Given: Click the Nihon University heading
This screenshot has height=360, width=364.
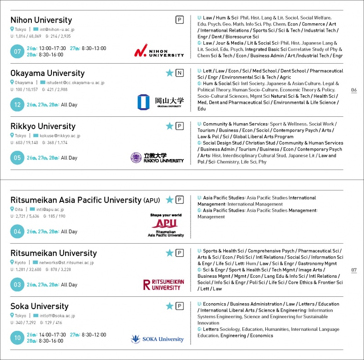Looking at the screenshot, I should coord(41,20).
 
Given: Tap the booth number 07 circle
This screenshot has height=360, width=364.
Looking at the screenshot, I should coord(17,51).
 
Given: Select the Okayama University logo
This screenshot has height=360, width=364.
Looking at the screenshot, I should coord(160,102).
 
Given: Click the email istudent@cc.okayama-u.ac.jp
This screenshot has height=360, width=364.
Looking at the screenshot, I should coord(75,83).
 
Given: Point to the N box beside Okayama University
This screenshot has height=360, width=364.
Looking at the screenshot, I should coord(180,73).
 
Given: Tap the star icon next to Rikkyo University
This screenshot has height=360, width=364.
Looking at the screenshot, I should coord(170,126).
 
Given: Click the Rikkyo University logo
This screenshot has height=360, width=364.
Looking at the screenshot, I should coord(157,158).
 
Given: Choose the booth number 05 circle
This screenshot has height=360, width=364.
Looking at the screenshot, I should coord(17,158).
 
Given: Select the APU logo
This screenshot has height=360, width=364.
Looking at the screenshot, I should coord(166,225).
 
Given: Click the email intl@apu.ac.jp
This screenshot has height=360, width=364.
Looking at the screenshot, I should coord(50,210).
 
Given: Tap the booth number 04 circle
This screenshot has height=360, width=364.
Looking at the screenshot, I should coord(17,231).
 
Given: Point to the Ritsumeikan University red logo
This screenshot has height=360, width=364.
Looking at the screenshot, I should coord(163,285).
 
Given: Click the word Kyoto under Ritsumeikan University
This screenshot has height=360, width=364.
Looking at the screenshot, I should coord(20,263).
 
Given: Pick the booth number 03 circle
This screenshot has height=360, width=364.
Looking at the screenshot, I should coord(17,285).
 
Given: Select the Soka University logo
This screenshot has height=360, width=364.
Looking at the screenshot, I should coord(157,339).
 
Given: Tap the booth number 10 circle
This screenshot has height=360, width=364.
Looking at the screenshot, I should coord(17,338).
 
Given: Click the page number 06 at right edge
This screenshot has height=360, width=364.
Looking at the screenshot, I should coord(354,90).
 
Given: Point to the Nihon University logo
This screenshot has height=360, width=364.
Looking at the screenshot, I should coord(159,51).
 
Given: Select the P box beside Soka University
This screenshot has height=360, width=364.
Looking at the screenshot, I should coord(180,306).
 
